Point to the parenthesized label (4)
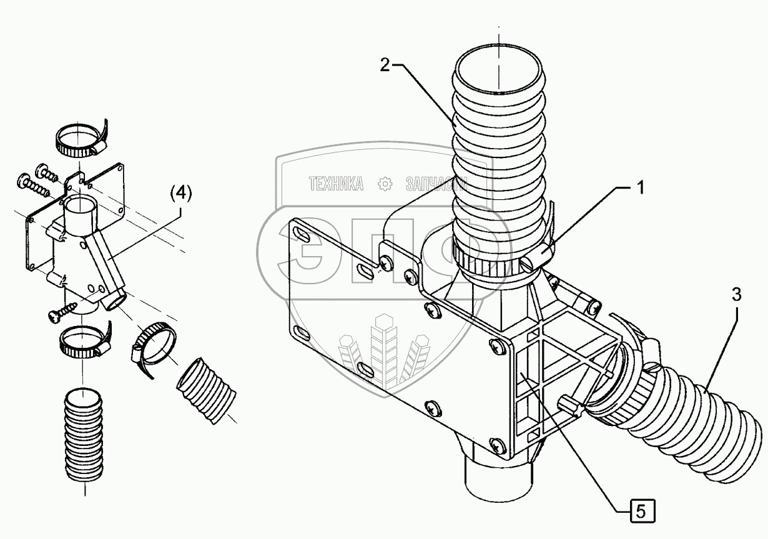coord(180,194)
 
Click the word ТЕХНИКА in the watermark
coord(336,184)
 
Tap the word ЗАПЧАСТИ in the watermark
coord(436,184)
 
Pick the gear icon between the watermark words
coord(385,184)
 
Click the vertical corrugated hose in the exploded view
coord(84,437)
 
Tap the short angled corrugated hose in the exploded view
coord(208,390)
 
